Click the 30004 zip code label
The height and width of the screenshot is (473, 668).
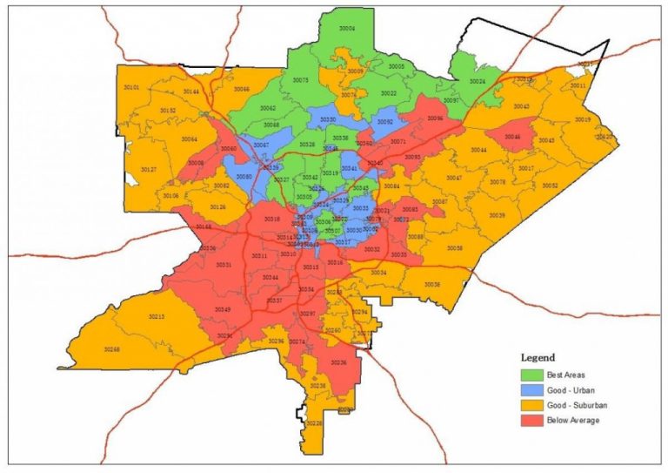tap(347, 29)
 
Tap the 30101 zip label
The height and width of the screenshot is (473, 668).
tap(131, 88)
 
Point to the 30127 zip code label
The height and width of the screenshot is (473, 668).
tap(148, 169)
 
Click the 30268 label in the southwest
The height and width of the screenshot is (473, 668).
tap(110, 349)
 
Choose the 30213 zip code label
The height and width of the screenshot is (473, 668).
tap(156, 316)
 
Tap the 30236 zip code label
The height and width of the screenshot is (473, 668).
tap(338, 362)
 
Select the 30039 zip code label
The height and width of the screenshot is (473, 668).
tap(497, 215)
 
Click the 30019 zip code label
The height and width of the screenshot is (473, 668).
tap(583, 119)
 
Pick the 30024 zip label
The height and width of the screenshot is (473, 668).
tap(477, 81)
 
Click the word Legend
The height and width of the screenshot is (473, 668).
tap(538, 357)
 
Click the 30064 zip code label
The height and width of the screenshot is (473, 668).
tap(189, 139)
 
